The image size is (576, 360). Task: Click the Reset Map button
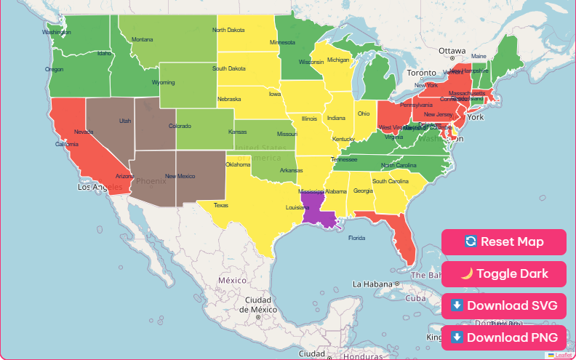[x=503, y=242]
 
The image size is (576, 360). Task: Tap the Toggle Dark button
[x=503, y=274]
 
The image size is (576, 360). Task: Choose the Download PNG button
[x=503, y=337]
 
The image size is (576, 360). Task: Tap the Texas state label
[x=220, y=205]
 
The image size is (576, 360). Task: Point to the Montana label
[x=143, y=39]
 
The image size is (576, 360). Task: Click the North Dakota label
[x=228, y=31]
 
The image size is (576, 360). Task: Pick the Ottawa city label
[x=452, y=51]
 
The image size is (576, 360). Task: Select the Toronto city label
[x=421, y=73]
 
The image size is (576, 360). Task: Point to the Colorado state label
[x=180, y=126]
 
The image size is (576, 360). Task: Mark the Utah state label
[x=125, y=121]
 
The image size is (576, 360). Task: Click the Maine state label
[x=479, y=56]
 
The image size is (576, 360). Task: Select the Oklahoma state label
[x=238, y=164]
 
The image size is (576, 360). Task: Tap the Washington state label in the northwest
[x=56, y=32]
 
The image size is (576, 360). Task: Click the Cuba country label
[x=415, y=298]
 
